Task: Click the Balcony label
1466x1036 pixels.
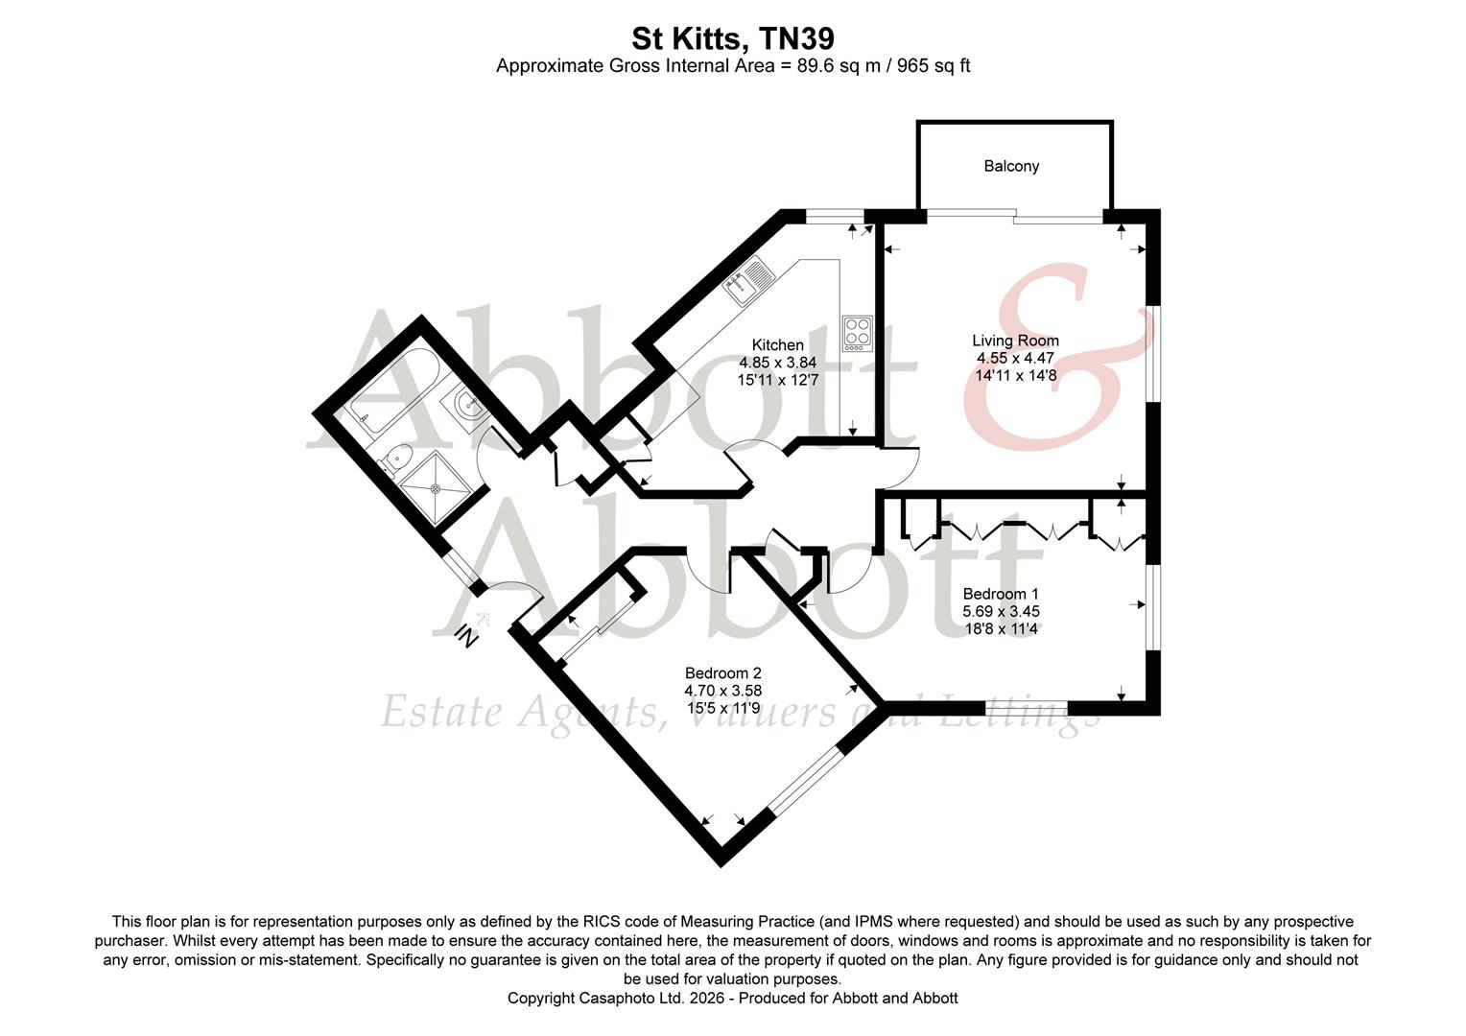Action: pyautogui.click(x=1011, y=166)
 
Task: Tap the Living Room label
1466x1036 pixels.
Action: pyautogui.click(x=1015, y=341)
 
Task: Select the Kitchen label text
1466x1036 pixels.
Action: pyautogui.click(x=777, y=345)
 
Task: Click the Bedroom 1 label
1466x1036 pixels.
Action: pyautogui.click(x=1001, y=594)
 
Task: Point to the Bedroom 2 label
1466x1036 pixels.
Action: pyautogui.click(x=722, y=673)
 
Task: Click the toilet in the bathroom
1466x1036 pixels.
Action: pyautogui.click(x=394, y=461)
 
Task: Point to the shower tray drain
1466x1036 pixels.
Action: pyautogui.click(x=437, y=487)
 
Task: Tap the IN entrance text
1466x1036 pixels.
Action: pyautogui.click(x=466, y=635)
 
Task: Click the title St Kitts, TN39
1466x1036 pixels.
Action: pyautogui.click(x=732, y=38)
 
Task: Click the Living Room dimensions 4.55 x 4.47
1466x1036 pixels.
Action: pyautogui.click(x=1015, y=358)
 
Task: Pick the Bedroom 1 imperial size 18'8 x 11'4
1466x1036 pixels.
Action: pyautogui.click(x=1001, y=629)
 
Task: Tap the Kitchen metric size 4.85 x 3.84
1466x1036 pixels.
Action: pyautogui.click(x=777, y=363)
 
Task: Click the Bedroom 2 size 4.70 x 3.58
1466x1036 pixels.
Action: pyautogui.click(x=722, y=691)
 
